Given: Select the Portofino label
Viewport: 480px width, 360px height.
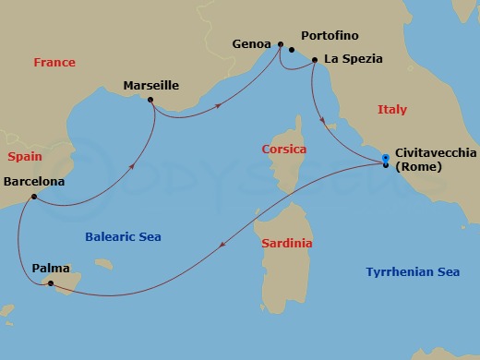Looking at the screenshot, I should click(319, 42).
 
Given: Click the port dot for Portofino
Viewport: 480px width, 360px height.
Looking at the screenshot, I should click(292, 50).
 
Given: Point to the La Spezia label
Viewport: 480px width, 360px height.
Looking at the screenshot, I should click(352, 61).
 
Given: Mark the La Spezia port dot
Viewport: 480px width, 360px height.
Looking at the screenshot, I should click(315, 61).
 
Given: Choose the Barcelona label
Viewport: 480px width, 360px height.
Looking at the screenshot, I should click(34, 182).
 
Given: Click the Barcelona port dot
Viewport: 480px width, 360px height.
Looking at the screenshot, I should click(33, 197).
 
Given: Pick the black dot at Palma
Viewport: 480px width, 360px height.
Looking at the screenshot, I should click(52, 282).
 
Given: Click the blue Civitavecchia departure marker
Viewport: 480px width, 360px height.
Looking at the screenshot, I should click(385, 159).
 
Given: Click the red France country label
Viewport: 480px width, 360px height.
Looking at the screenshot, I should click(54, 63).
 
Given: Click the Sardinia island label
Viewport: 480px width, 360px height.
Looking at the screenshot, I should click(286, 244).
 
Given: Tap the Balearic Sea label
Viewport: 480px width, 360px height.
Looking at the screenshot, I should click(123, 237).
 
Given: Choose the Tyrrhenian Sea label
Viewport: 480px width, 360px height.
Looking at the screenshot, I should click(412, 272).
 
